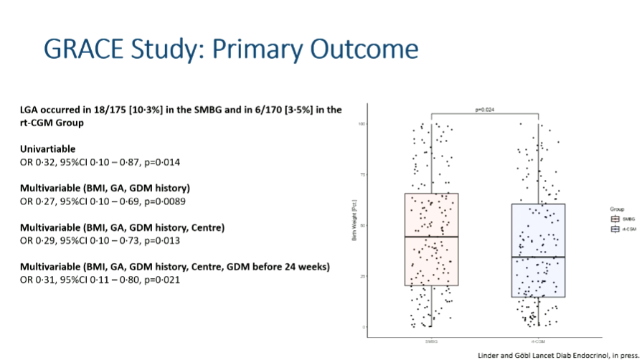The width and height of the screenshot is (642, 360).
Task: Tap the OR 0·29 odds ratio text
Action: [x=38, y=240]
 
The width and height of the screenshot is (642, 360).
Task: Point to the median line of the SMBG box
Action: [x=431, y=237]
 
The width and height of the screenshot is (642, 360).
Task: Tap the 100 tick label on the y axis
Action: [x=363, y=124]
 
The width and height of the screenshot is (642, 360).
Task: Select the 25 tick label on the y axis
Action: [x=364, y=276]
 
